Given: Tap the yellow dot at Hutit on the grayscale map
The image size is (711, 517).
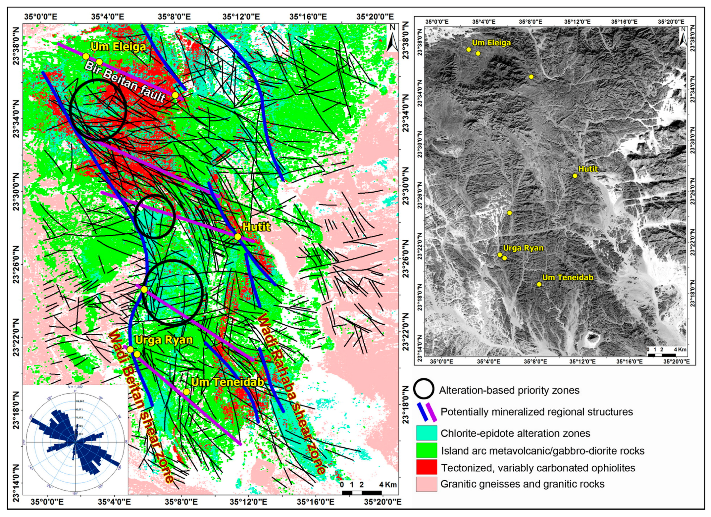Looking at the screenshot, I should pos(575,176).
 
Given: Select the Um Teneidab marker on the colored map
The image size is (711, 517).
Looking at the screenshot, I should pos(186,392).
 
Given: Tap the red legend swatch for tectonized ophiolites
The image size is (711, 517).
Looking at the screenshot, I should pos(427,467).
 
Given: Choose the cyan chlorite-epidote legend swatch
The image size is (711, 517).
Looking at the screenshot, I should pos(427,433).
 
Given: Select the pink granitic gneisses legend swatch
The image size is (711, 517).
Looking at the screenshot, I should pos(427,484).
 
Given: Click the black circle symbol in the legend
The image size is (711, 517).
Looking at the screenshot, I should pos(424,389).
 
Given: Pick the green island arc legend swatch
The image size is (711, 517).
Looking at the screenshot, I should pos(427,450).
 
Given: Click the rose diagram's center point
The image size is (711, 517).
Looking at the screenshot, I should pos(75,442).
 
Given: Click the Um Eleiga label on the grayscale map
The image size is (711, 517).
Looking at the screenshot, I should pos(491,43).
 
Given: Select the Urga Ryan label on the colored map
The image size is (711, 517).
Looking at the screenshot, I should pos(164,340).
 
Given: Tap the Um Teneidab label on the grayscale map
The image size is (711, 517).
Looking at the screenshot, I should pos(568,277).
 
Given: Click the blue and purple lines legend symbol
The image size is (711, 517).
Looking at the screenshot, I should pos(427,411).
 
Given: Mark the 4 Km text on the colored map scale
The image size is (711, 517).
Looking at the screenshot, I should pos(387,485).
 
